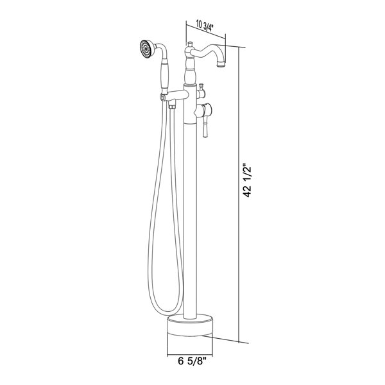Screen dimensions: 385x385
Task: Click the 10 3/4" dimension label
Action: point(204,26)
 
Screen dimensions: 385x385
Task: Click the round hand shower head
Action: point(146,49)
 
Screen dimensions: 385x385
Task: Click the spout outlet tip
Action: point(221,64)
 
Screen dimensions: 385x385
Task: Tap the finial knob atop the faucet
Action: point(189,44)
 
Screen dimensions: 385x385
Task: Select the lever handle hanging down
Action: point(205,127)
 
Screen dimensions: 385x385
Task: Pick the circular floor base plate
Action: point(190,325)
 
